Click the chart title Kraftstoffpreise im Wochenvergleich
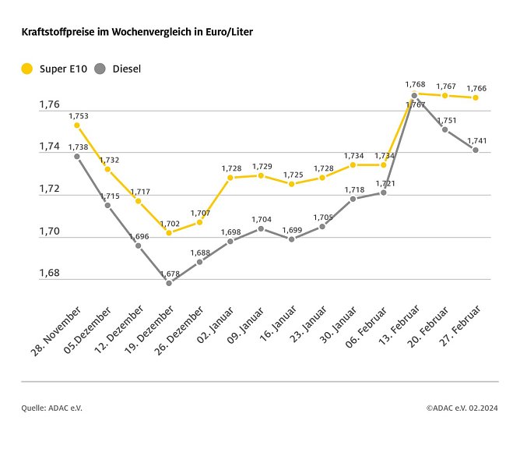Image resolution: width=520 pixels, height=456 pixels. (136, 33)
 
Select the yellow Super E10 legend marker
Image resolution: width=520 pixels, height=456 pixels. (27, 69)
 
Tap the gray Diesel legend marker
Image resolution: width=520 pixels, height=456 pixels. (100, 69)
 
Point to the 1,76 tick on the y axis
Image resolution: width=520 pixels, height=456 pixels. (49, 104)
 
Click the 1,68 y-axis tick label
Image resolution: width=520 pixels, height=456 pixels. (49, 273)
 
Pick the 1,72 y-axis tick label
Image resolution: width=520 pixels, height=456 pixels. (49, 189)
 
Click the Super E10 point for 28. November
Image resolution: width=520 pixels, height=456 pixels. (76, 125)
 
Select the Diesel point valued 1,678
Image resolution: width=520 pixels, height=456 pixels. (169, 283)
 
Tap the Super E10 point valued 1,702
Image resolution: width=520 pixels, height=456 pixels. (169, 232)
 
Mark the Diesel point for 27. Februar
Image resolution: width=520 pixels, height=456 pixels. (476, 150)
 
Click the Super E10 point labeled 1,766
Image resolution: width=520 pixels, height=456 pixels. (476, 97)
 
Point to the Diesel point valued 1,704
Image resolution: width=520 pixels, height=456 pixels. (261, 228)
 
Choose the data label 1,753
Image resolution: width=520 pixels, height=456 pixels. (79, 116)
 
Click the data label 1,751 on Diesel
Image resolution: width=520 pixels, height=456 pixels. (447, 121)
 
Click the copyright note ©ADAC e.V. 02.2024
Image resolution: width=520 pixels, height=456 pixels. (462, 407)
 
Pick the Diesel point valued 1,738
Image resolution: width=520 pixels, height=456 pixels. (76, 156)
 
